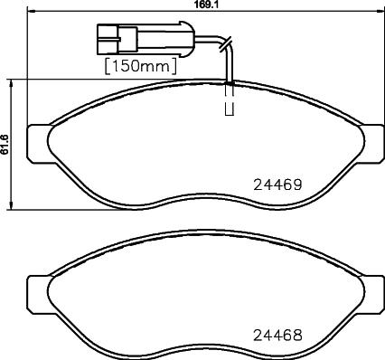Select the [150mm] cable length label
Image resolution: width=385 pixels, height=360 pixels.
(x=140, y=65)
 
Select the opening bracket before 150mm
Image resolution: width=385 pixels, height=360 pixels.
(x=108, y=65)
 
